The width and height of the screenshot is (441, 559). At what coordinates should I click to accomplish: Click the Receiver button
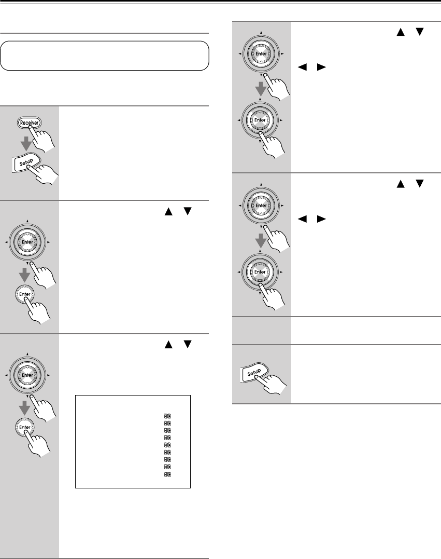pyautogui.click(x=30, y=123)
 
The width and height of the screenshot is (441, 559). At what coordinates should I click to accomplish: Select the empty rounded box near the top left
pyautogui.click(x=104, y=56)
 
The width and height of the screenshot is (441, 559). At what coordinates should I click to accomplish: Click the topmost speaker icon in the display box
pyautogui.click(x=167, y=416)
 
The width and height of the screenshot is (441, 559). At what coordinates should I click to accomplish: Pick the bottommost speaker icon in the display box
pyautogui.click(x=167, y=475)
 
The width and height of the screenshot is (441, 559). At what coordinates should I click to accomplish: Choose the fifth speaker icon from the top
pyautogui.click(x=167, y=445)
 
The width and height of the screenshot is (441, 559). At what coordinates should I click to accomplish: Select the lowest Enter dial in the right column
pyautogui.click(x=261, y=272)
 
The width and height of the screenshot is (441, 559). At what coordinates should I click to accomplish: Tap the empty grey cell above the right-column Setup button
pyautogui.click(x=261, y=331)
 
